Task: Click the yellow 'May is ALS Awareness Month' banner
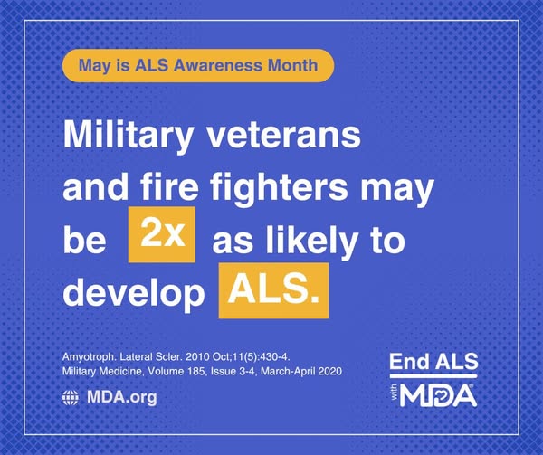pyautogui.click(x=198, y=65)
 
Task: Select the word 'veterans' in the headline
pyautogui.click(x=284, y=136)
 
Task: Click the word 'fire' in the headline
pyautogui.click(x=170, y=187)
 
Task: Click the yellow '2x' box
pyautogui.click(x=162, y=234)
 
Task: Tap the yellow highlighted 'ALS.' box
pyautogui.click(x=273, y=290)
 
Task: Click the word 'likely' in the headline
pyautogui.click(x=312, y=241)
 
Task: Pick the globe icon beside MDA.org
pyautogui.click(x=71, y=398)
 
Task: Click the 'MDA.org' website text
pyautogui.click(x=122, y=397)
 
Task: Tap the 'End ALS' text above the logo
pyautogui.click(x=433, y=362)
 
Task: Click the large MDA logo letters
pyautogui.click(x=438, y=395)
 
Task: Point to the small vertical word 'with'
pyautogui.click(x=395, y=394)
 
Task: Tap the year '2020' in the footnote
pyautogui.click(x=330, y=372)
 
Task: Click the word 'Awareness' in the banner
pyautogui.click(x=218, y=65)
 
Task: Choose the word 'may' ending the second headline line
pyautogui.click(x=397, y=191)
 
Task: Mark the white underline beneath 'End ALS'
pyautogui.click(x=433, y=376)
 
